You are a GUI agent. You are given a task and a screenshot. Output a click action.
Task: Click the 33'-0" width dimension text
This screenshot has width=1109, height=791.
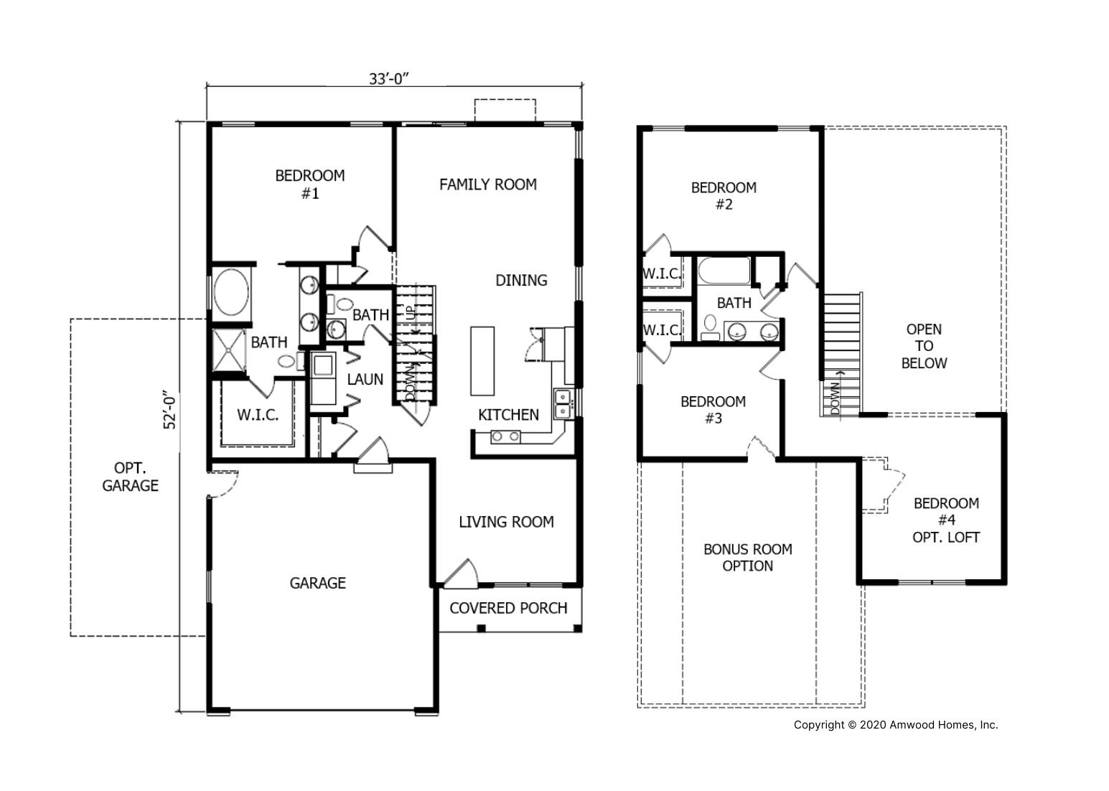pos(388,79)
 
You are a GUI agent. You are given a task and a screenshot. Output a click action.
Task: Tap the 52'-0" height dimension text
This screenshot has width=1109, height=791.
pos(170,411)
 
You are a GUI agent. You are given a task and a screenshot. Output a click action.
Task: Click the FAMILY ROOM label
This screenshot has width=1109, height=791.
pos(487,184)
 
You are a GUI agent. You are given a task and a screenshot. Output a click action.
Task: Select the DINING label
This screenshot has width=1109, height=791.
pos(521,281)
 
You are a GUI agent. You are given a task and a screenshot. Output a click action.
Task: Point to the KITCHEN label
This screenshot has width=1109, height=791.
pos(508,415)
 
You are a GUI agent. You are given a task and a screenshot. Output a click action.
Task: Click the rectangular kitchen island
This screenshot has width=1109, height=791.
pos(482,361)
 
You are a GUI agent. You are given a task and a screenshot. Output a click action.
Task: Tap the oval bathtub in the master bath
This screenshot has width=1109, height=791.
pos(231,292)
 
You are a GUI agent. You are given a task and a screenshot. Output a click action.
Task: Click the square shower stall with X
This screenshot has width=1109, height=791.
pos(229,350)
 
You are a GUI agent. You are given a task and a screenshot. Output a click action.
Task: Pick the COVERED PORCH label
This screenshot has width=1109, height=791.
pos(508,609)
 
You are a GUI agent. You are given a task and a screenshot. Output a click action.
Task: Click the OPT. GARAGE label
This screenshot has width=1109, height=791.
pos(130,477)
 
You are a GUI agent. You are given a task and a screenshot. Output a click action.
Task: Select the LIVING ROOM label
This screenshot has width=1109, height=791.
pos(506,523)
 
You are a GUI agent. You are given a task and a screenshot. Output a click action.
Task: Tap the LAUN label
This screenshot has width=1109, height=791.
pos(365,380)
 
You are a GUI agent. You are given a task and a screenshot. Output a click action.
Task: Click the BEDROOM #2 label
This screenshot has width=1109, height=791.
pos(724,196)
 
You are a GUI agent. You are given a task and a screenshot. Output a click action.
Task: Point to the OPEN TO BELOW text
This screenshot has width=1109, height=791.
pos(924,347)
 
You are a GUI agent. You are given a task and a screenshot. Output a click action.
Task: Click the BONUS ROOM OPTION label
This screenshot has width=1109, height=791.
pos(747,558)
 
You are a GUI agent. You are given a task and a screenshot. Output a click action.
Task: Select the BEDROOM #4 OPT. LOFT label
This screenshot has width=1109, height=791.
pos(946,520)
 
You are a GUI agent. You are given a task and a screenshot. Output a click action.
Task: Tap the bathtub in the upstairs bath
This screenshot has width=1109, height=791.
pos(724,271)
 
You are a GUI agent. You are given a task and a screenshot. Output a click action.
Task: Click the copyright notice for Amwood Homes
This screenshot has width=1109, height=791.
pos(896,725)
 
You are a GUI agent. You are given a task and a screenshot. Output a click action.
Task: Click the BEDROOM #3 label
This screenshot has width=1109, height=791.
pos(713,410)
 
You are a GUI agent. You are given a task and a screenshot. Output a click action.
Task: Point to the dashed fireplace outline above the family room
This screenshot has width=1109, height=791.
pos(505,110)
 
